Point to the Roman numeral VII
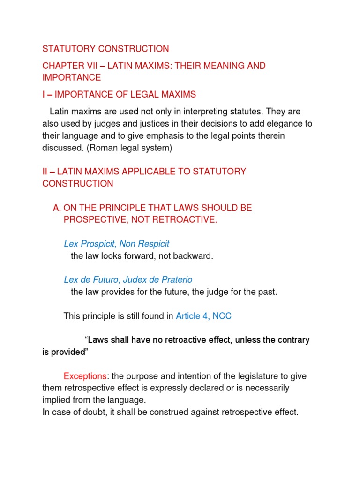93,66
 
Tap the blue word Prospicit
99,244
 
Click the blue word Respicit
152,244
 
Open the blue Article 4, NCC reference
203,316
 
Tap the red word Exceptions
85,376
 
